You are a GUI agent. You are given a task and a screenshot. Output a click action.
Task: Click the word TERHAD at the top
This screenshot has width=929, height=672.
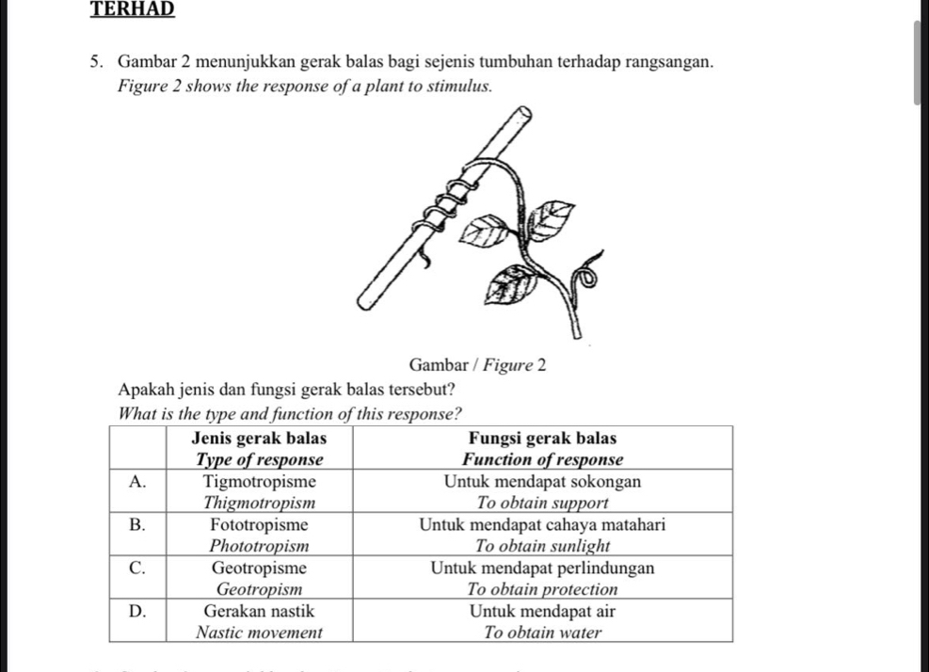pyautogui.click(x=133, y=8)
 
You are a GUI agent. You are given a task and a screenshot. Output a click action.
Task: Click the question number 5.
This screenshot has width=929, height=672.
pyautogui.click(x=98, y=63)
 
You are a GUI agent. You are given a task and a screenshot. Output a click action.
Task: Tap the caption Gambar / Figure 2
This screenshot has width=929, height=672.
pyautogui.click(x=478, y=364)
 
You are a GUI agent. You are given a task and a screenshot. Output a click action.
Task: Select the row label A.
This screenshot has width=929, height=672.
pyautogui.click(x=137, y=481)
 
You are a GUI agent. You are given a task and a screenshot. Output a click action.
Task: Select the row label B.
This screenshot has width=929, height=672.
pyautogui.click(x=137, y=524)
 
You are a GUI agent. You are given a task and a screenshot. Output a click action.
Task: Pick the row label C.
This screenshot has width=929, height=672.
pyautogui.click(x=137, y=568)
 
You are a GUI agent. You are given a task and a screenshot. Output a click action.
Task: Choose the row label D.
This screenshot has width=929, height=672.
pyautogui.click(x=137, y=611)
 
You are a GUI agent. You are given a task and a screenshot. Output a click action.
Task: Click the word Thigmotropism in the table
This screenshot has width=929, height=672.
pyautogui.click(x=259, y=503)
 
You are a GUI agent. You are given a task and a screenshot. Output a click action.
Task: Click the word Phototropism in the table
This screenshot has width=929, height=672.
pyautogui.click(x=259, y=546)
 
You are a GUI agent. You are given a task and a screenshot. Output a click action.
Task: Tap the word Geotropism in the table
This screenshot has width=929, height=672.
pyautogui.click(x=259, y=589)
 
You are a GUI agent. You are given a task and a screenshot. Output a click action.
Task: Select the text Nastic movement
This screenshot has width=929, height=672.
pyautogui.click(x=259, y=632)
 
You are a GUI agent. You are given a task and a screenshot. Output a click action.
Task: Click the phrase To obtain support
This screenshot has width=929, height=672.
pyautogui.click(x=542, y=503)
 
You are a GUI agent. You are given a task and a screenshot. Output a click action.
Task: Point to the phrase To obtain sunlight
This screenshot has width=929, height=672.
pyautogui.click(x=542, y=546)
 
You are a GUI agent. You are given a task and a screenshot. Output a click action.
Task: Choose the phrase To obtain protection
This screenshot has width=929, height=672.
pyautogui.click(x=542, y=589)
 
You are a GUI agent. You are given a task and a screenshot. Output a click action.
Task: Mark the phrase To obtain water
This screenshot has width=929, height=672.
pyautogui.click(x=542, y=632)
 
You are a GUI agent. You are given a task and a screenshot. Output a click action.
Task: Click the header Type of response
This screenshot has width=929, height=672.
pyautogui.click(x=259, y=459)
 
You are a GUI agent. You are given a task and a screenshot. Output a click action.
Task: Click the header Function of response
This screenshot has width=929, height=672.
pyautogui.click(x=542, y=459)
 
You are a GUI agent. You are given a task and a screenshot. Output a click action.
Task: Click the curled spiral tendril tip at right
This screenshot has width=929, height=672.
pyautogui.click(x=589, y=276)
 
